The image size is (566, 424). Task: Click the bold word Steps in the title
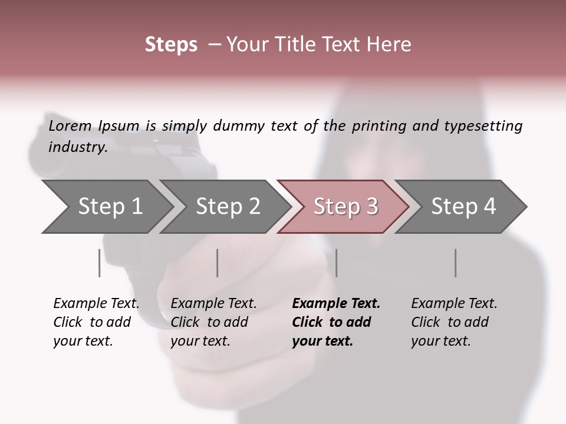(x=171, y=45)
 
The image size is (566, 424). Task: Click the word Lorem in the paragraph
(x=70, y=126)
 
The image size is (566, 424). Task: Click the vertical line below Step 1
(x=99, y=263)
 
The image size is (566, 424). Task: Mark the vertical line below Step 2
(x=218, y=263)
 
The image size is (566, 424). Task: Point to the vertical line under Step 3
(x=336, y=263)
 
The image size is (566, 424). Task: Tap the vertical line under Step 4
(x=455, y=263)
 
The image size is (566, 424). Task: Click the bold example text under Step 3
(x=335, y=322)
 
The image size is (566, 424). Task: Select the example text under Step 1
(x=96, y=322)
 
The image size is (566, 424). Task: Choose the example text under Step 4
(x=453, y=322)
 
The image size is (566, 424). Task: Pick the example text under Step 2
(x=213, y=322)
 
